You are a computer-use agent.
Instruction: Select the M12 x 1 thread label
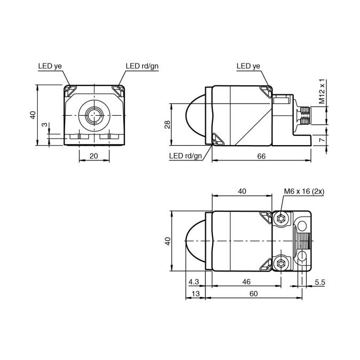[x=322, y=91]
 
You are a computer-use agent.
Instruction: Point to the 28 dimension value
[x=167, y=124]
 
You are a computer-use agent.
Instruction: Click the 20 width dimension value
[x=94, y=156]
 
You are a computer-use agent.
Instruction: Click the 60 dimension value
[x=253, y=293]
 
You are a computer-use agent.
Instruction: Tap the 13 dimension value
[x=195, y=293]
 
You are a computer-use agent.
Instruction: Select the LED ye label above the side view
[x=248, y=66]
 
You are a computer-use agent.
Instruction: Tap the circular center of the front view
[x=94, y=115]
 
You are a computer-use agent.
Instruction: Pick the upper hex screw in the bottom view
[x=282, y=218]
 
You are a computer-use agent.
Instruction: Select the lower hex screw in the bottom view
[x=282, y=262]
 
